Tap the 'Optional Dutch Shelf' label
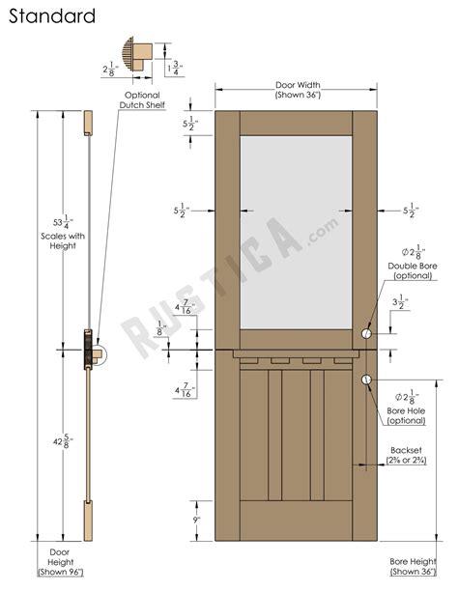(x=137, y=100)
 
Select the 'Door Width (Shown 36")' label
(x=296, y=90)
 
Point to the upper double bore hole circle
(x=367, y=333)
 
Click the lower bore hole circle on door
(x=367, y=380)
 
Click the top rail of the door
(x=296, y=123)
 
